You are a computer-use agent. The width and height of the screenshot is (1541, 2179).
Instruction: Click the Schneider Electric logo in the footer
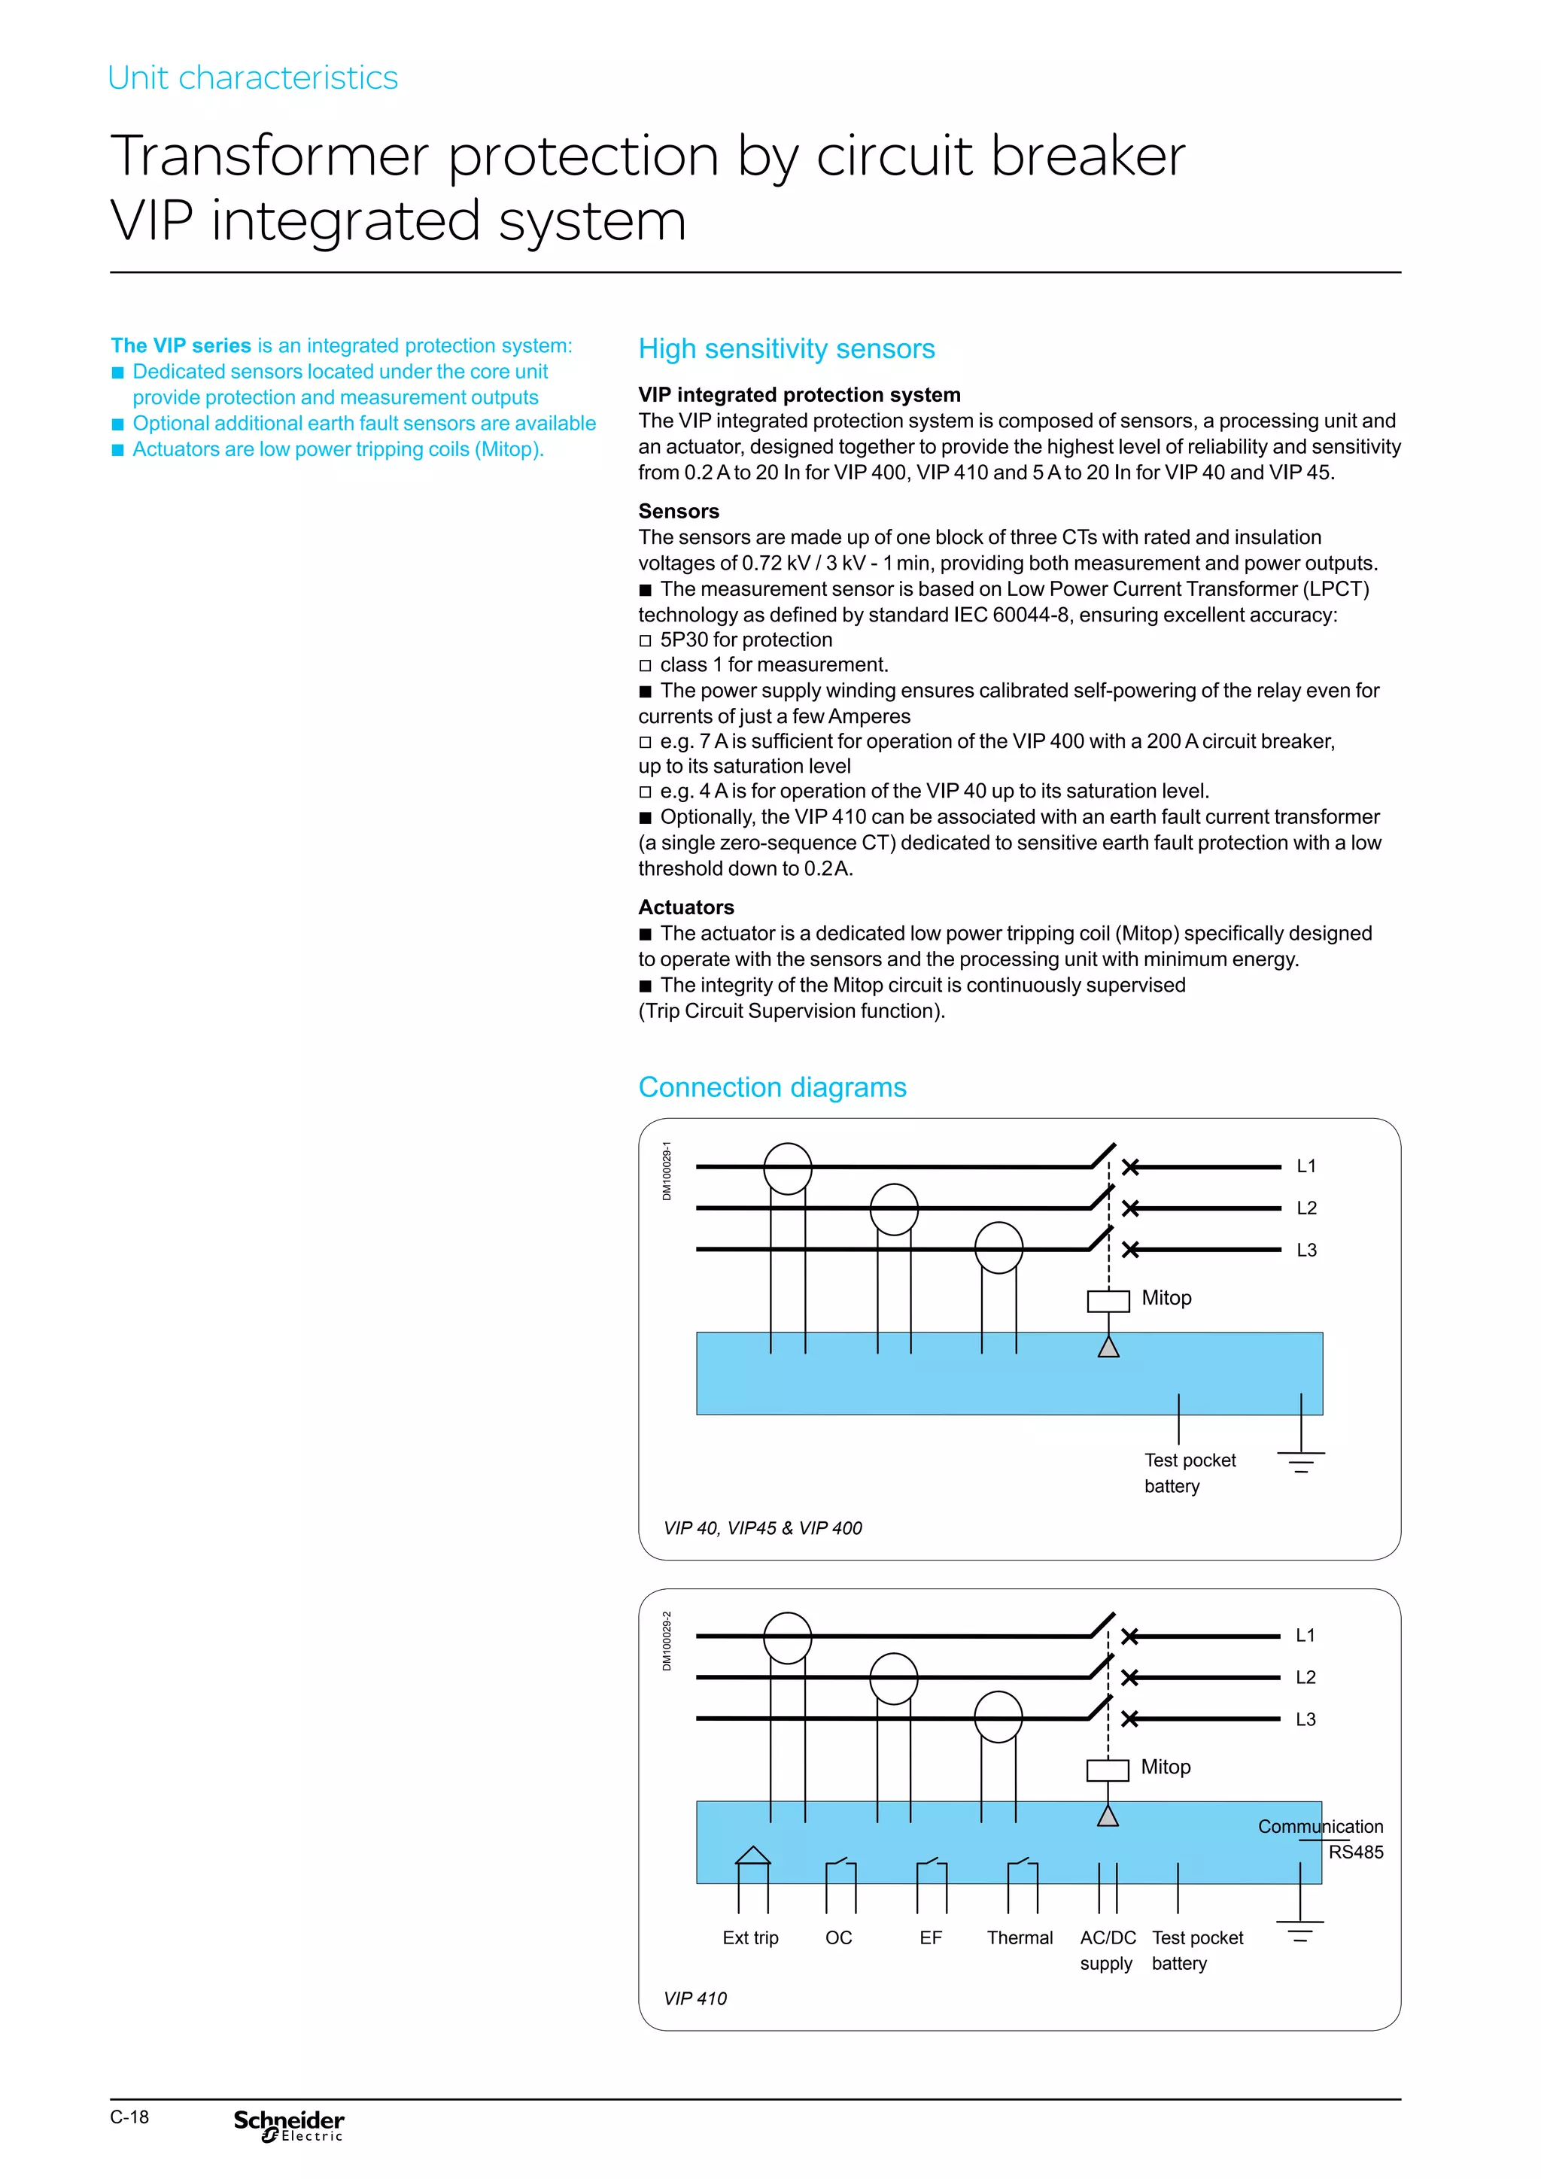point(288,2126)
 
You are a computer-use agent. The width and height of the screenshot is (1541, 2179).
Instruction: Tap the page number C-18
point(129,2117)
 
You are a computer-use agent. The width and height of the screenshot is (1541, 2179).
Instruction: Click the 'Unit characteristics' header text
point(252,77)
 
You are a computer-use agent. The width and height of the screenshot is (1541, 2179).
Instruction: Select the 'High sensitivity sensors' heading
point(786,348)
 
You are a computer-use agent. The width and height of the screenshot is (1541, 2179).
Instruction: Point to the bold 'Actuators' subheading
point(685,907)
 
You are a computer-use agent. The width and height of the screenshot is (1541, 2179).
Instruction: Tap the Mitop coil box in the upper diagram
point(1108,1300)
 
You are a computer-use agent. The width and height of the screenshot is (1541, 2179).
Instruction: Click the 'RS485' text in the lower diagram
point(1355,1852)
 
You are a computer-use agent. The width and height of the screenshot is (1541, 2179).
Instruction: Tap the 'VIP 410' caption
point(695,1998)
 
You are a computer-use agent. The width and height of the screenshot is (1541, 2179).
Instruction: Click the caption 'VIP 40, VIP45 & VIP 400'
point(762,1528)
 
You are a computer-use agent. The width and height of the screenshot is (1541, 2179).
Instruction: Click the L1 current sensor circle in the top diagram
point(788,1169)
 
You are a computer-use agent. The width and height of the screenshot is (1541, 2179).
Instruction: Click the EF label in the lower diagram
point(930,1938)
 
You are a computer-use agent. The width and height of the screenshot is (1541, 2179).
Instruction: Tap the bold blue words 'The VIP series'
point(181,345)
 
